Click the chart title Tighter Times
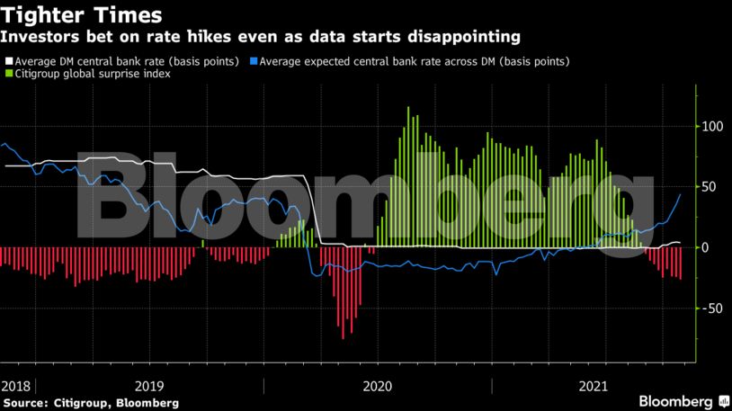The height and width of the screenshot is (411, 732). [x=82, y=15]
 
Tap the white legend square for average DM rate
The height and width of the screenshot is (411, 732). [x=10, y=61]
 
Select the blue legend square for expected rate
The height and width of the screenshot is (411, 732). [x=255, y=61]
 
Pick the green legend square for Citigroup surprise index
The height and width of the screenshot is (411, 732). [x=10, y=73]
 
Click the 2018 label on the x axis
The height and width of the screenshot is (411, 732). [x=16, y=386]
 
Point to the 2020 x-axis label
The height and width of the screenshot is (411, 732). [x=378, y=386]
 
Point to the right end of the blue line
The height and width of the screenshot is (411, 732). [x=680, y=194]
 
